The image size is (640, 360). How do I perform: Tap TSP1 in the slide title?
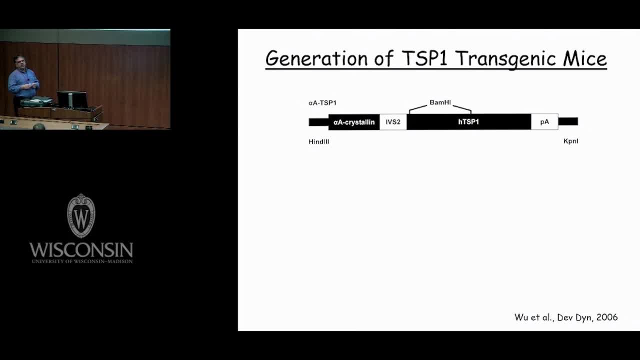click(424, 58)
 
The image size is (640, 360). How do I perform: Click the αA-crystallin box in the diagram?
click(354, 122)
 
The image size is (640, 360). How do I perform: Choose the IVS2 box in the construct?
click(393, 122)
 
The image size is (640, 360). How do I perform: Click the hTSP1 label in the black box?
click(468, 122)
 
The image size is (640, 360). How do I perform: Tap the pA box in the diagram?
click(544, 121)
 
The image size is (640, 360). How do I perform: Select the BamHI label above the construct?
click(440, 102)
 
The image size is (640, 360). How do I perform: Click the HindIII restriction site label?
click(319, 141)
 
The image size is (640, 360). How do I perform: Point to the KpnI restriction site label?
click(570, 141)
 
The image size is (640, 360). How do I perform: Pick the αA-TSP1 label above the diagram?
click(322, 103)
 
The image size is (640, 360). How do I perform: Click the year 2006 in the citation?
click(607, 317)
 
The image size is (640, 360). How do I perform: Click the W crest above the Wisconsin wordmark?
click(81, 215)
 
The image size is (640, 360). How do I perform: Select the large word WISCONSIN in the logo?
click(81, 249)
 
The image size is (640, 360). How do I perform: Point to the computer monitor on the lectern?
click(72, 99)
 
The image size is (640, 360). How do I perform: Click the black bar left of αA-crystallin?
click(318, 122)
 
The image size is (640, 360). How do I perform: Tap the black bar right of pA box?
click(568, 121)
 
